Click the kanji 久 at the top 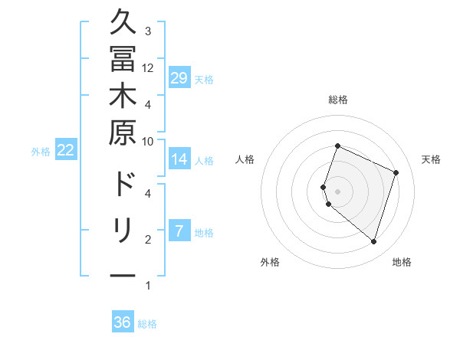123,22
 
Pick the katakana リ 123,231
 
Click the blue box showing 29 179,78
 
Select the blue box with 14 179,159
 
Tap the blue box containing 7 179,231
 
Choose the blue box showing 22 66,150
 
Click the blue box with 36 123,322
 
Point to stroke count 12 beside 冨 148,67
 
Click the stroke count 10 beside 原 148,141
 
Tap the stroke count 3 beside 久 148,31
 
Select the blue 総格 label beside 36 147,324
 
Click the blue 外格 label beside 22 41,152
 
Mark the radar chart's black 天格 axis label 431,159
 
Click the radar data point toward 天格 396,172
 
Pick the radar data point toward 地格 373,241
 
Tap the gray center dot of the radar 337,191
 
